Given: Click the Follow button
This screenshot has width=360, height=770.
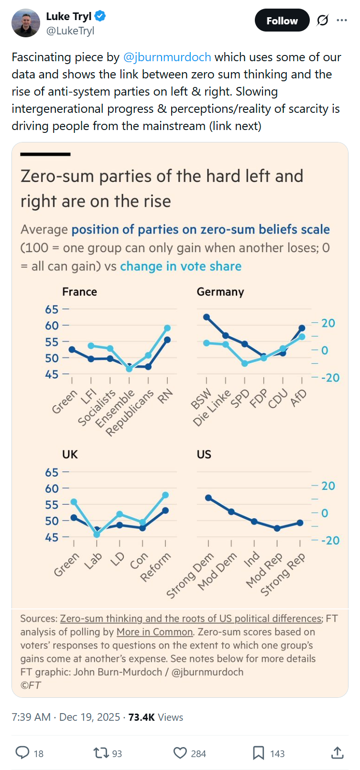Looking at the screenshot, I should [282, 21].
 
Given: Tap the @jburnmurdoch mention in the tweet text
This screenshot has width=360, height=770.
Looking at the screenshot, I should [167, 57].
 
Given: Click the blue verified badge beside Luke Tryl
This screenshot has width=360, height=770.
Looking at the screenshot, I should [100, 16].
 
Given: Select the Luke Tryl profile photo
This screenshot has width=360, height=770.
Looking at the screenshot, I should [26, 22].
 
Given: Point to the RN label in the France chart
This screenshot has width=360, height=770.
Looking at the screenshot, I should [165, 396].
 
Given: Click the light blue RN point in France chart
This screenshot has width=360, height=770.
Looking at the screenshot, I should [167, 328].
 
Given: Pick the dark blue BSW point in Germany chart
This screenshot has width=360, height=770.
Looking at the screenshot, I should [207, 317].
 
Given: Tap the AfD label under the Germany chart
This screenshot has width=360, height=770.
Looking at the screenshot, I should [298, 398].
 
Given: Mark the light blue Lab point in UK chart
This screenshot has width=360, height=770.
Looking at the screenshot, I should [97, 534].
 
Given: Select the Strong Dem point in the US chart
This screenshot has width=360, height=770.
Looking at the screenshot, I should [208, 498].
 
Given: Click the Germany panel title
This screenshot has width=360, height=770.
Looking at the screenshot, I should [220, 292].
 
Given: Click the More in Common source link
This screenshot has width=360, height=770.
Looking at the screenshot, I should [154, 632].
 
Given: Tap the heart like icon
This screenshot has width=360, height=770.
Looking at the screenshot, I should [180, 753].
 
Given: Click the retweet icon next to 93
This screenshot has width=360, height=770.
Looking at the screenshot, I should [101, 753].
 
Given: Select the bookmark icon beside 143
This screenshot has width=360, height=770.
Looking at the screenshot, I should [258, 753].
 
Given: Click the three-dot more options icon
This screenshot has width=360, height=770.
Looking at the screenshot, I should [341, 20].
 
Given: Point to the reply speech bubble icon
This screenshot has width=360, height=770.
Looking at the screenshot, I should [22, 753].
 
